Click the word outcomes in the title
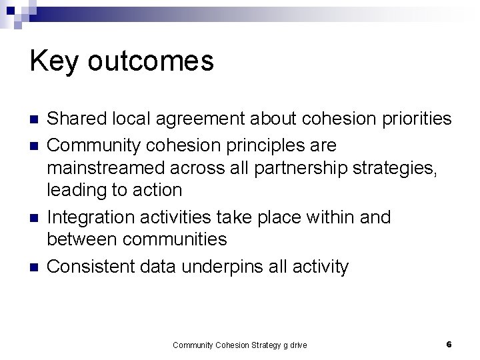coord(151,61)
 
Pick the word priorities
coord(411,119)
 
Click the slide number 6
coord(449,344)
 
